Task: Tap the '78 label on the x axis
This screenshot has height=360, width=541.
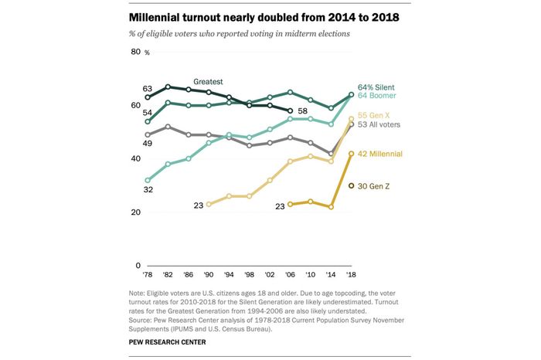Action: pyautogui.click(x=147, y=274)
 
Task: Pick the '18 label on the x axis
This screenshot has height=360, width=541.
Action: pyautogui.click(x=352, y=274)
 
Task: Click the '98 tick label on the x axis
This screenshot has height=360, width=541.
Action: pyautogui.click(x=249, y=274)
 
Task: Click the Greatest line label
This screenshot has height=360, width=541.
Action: pyautogui.click(x=208, y=80)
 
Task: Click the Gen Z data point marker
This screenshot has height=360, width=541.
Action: pyautogui.click(x=352, y=186)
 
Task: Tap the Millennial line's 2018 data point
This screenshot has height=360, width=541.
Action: pyautogui.click(x=352, y=154)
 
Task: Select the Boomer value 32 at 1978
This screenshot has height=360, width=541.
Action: pyautogui.click(x=147, y=189)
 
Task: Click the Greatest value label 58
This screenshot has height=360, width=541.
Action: pyautogui.click(x=303, y=111)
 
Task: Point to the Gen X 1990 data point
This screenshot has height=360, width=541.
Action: pyautogui.click(x=209, y=204)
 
